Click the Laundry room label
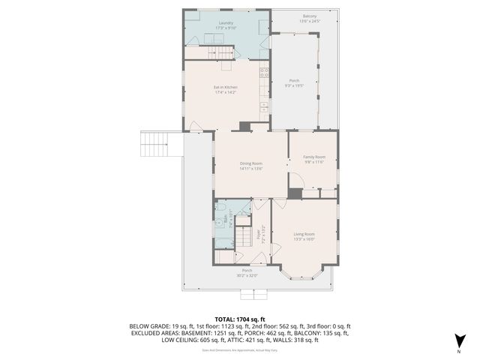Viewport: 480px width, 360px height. click(x=226, y=23)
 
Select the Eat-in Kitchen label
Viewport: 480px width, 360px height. click(x=226, y=87)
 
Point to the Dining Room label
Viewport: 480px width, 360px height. click(x=250, y=163)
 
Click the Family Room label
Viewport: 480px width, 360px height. click(x=313, y=157)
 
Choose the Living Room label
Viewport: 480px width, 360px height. click(x=304, y=235)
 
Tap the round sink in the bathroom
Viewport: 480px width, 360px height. click(x=220, y=223)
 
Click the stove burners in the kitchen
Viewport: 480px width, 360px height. click(x=264, y=73)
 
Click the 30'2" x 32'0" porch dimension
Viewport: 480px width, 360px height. click(x=247, y=275)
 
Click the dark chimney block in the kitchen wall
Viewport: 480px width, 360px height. click(x=244, y=126)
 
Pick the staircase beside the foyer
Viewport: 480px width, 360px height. click(x=244, y=239)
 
